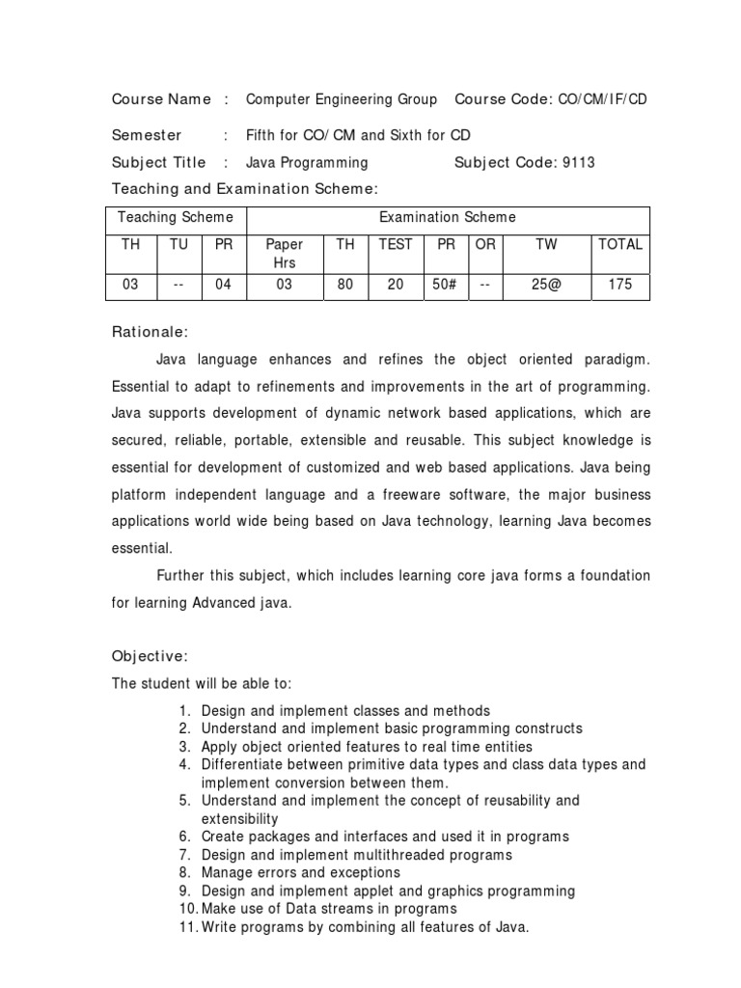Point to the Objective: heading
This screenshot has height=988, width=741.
(151, 656)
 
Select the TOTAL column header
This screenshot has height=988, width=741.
(620, 244)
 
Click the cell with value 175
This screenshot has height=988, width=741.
(620, 285)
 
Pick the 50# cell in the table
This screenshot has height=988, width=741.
(446, 285)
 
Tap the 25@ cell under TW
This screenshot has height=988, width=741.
(546, 285)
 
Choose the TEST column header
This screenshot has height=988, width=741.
(395, 244)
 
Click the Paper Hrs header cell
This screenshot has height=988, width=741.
(284, 253)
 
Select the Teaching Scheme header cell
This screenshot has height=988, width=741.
(175, 217)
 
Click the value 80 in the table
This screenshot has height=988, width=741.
(345, 285)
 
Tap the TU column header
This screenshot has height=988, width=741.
(178, 244)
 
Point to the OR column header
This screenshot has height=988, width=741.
(485, 244)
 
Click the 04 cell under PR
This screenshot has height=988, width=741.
(224, 285)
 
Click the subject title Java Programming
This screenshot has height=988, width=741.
(307, 162)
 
